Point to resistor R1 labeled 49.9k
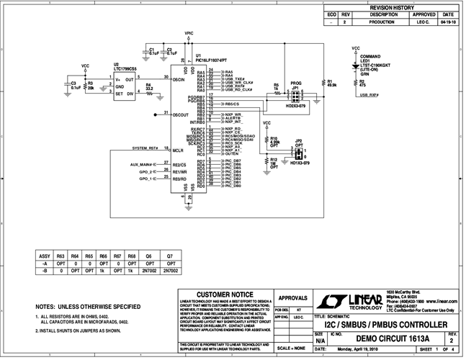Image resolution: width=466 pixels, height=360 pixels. (x=332, y=83)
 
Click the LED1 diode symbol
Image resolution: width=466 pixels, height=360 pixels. (x=356, y=65)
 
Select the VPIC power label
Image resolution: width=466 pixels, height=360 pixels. (x=189, y=33)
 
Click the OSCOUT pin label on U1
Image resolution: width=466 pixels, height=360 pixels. (x=184, y=114)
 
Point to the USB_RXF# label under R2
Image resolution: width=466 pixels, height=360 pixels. (x=369, y=94)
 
